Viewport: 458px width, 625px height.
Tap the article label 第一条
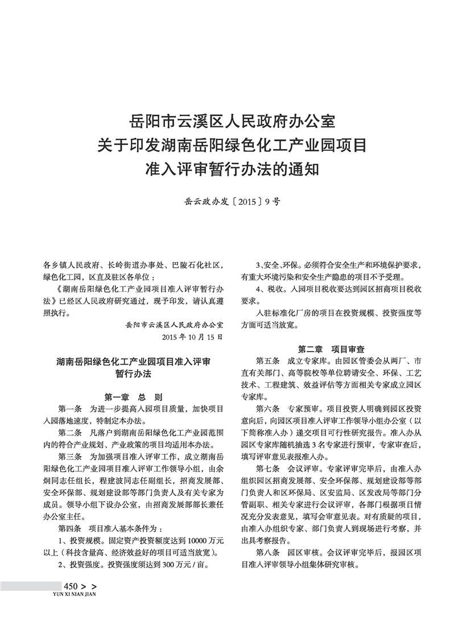coord(71,409)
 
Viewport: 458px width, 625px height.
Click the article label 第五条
coord(269,361)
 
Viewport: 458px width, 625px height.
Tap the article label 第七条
coord(269,469)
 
